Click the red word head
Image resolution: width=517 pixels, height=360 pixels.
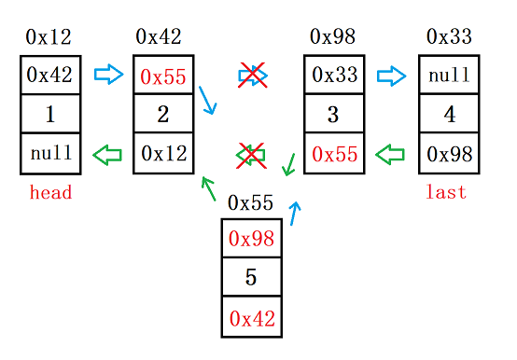pyautogui.click(x=50, y=193)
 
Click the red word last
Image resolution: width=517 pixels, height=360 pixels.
pyautogui.click(x=445, y=192)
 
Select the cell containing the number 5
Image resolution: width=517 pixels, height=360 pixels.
pyautogui.click(x=250, y=277)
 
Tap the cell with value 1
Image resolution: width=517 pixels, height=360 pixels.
pyautogui.click(x=50, y=115)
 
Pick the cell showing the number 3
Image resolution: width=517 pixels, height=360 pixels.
pyautogui.click(x=334, y=115)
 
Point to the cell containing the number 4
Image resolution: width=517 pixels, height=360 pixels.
pyautogui.click(x=449, y=115)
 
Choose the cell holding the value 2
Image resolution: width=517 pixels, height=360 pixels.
pyautogui.click(x=163, y=115)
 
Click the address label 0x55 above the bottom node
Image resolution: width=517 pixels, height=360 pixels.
pyautogui.click(x=250, y=202)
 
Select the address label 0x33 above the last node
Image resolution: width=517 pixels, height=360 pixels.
pyautogui.click(x=449, y=37)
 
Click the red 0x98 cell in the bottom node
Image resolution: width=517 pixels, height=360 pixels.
pyautogui.click(x=250, y=238)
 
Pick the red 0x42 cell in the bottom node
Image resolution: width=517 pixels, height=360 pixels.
pyautogui.click(x=250, y=317)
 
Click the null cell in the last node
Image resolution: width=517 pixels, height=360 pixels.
pyautogui.click(x=449, y=76)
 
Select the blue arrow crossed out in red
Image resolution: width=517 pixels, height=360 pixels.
pyautogui.click(x=252, y=76)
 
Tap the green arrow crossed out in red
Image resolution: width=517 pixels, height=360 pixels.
pyautogui.click(x=249, y=155)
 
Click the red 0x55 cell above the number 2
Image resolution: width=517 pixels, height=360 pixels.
pyautogui.click(x=163, y=76)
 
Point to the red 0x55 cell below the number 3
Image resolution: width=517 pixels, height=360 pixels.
pyautogui.click(x=334, y=154)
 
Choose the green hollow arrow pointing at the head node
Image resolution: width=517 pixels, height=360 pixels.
pyautogui.click(x=109, y=154)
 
